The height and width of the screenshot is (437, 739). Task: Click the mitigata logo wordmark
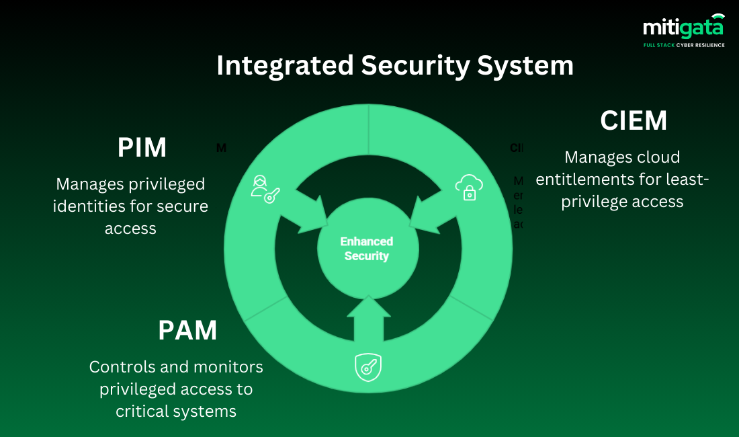pos(683,28)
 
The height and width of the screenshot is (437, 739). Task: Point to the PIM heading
pos(142,148)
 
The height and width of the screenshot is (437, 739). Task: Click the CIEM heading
pos(634,121)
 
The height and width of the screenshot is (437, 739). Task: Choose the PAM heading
pos(187,331)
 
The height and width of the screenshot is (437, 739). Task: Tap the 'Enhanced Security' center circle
pos(367,249)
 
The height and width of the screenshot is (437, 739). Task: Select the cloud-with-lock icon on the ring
pos(469,187)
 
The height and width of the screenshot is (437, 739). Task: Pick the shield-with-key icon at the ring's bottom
pos(368,367)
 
